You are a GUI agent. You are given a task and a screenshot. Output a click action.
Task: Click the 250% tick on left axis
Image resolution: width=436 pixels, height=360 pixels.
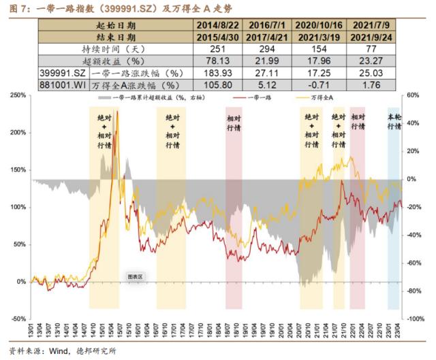click(x=17, y=96)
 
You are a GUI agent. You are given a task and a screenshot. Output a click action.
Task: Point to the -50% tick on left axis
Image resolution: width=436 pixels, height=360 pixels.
click(x=18, y=318)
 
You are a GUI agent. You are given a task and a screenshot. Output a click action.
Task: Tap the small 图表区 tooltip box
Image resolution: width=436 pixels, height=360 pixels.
click(x=136, y=276)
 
